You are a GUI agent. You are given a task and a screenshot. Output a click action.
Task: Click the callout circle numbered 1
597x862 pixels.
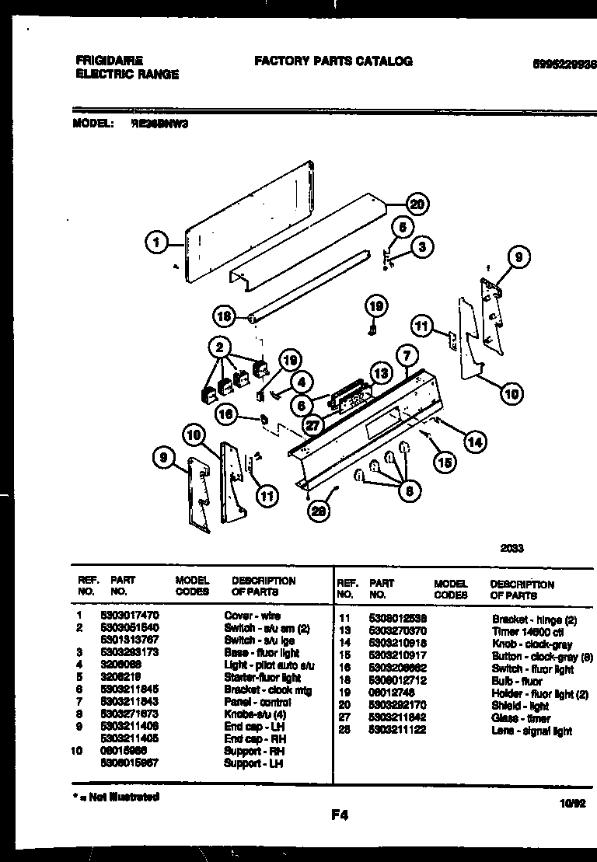pos(156,243)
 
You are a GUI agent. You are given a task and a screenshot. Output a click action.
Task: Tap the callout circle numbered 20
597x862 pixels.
pos(417,204)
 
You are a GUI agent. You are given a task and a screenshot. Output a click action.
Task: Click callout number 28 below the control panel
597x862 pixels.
pos(318,510)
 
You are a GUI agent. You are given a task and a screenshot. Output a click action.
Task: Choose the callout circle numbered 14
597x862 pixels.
pos(473,441)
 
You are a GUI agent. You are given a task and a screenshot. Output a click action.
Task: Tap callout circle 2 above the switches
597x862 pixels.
pos(221,347)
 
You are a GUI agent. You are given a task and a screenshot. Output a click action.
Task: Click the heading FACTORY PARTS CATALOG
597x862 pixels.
pos(333,61)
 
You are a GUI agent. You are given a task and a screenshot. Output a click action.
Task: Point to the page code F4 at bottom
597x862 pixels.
pos(338,815)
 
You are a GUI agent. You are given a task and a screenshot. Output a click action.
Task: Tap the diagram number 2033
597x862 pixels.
pos(512,548)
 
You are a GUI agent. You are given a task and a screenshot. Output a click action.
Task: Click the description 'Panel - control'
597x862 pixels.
pos(257,703)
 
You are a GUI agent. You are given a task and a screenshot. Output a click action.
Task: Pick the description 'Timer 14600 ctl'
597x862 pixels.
pos(528,632)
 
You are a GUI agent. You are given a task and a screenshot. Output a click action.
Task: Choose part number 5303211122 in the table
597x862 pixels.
pos(396,731)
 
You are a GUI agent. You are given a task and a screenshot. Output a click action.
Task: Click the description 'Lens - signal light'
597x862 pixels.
pos(532,731)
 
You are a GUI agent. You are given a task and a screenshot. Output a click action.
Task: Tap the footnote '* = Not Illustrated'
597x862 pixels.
pos(117,797)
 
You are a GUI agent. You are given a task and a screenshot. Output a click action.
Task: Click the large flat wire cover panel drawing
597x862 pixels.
pos(249,222)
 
